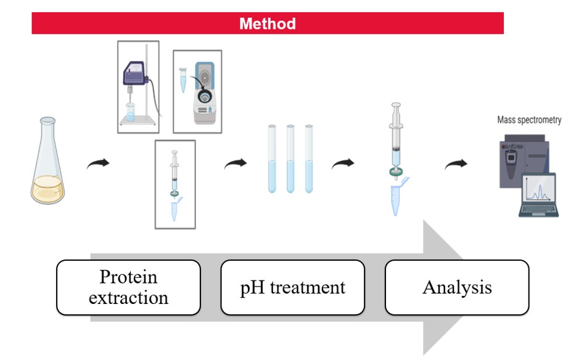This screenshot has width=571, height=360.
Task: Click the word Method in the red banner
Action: pyautogui.click(x=268, y=24)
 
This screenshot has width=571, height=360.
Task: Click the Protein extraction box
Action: pyautogui.click(x=128, y=287)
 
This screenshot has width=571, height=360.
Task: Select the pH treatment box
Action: pyautogui.click(x=292, y=287)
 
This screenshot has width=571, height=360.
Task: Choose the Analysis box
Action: pyautogui.click(x=457, y=287)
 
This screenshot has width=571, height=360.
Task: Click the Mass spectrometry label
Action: pyautogui.click(x=529, y=120)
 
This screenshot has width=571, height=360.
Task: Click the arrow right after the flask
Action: pyautogui.click(x=98, y=163)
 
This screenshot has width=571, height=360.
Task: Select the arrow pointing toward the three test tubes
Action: pyautogui.click(x=235, y=163)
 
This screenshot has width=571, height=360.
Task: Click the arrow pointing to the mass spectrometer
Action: pyautogui.click(x=457, y=163)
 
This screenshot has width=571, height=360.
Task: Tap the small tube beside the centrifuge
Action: pyautogui.click(x=183, y=80)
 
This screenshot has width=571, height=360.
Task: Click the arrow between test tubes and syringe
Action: pyautogui.click(x=344, y=163)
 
